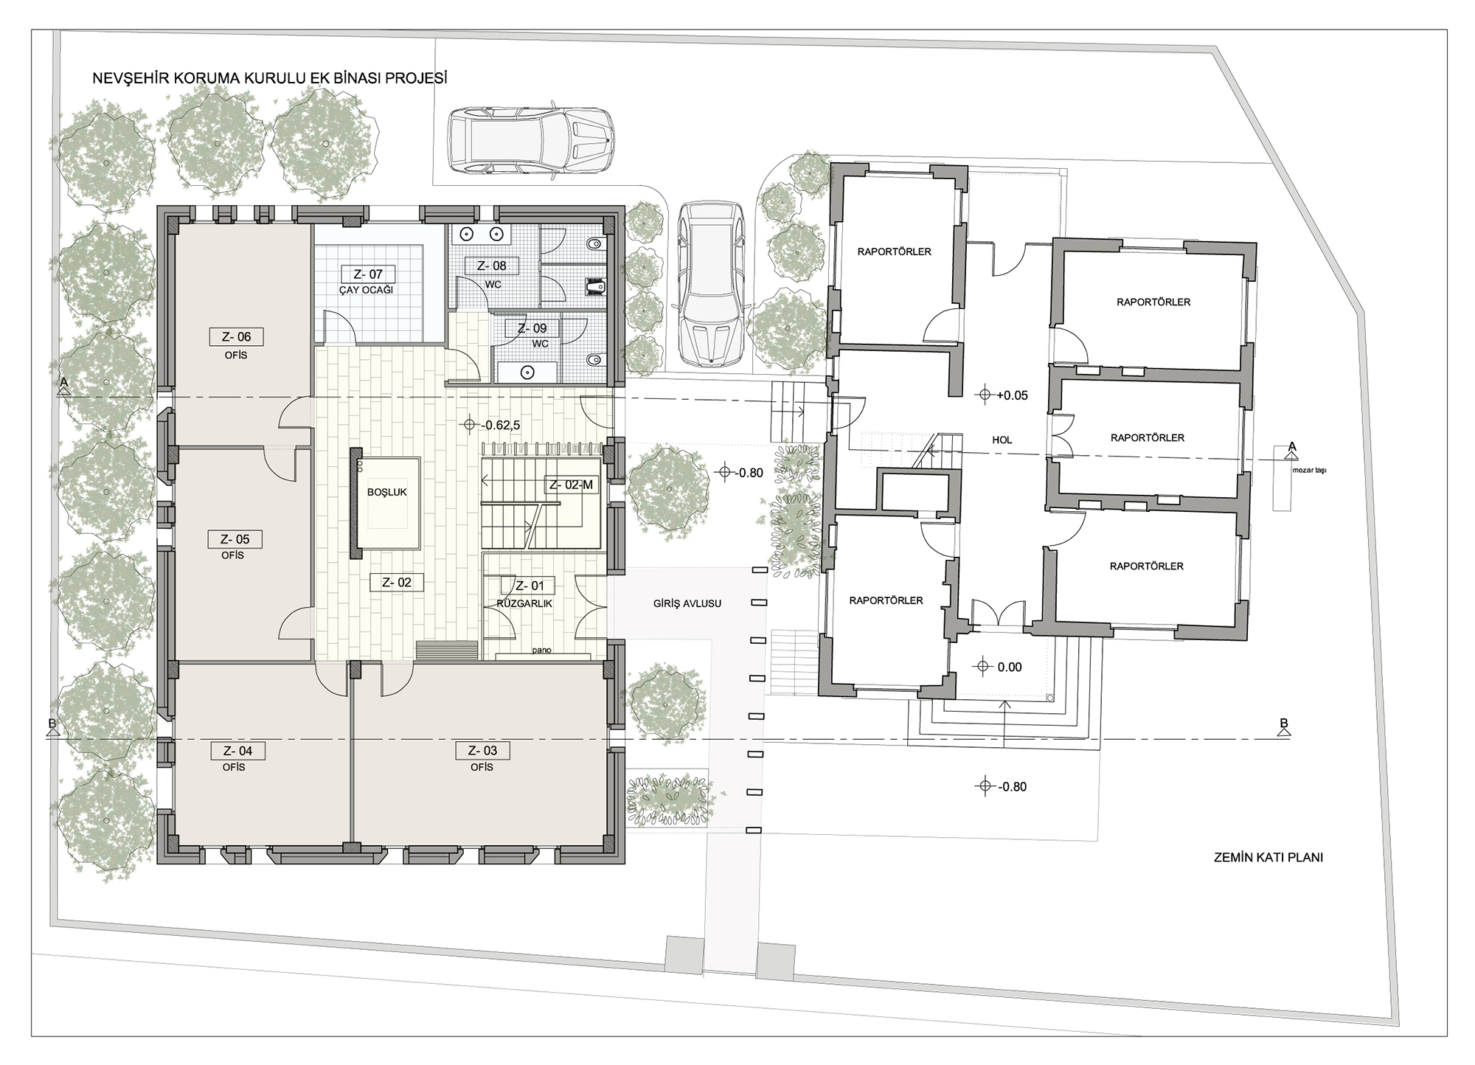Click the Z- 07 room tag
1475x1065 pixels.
367,274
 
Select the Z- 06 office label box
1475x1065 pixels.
236,337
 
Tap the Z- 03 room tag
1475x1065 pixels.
482,751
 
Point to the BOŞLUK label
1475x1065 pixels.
387,492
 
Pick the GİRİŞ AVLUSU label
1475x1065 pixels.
687,603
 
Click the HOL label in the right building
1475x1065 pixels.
1002,440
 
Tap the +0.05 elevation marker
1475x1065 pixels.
1002,395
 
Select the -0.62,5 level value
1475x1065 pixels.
490,425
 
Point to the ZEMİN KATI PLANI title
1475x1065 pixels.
1268,858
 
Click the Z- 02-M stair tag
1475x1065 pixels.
571,485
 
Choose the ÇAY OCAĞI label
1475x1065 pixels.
366,290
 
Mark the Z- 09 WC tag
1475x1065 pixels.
532,329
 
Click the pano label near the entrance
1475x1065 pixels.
542,651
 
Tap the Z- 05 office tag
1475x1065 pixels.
235,539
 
